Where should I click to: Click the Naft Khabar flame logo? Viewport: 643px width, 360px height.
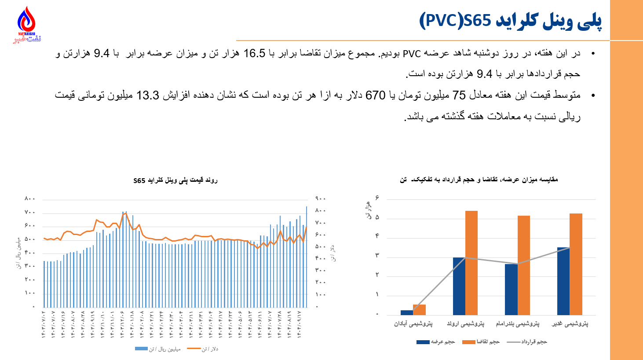point(26,20)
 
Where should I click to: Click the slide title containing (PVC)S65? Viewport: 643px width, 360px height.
point(510,21)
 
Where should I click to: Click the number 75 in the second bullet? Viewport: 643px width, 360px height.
point(459,95)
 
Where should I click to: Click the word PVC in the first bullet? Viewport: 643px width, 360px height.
point(412,54)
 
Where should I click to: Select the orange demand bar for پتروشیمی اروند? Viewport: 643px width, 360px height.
point(471,263)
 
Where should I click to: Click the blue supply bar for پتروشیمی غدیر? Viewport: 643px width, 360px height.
point(563,281)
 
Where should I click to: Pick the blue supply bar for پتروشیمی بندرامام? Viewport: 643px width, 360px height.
point(511,289)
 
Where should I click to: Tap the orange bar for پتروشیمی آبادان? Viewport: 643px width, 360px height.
point(419,310)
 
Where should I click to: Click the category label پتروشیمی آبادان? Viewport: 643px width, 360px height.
point(413,324)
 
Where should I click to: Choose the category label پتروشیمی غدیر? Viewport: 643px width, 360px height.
point(570,324)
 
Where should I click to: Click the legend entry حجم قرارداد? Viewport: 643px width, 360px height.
point(527,342)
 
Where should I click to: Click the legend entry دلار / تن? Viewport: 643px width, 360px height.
point(203,349)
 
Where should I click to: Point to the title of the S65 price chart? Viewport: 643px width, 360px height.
point(175,180)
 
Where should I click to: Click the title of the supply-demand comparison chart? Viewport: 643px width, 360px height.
point(479,180)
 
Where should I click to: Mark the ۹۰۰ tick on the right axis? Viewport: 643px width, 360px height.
point(320,199)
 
